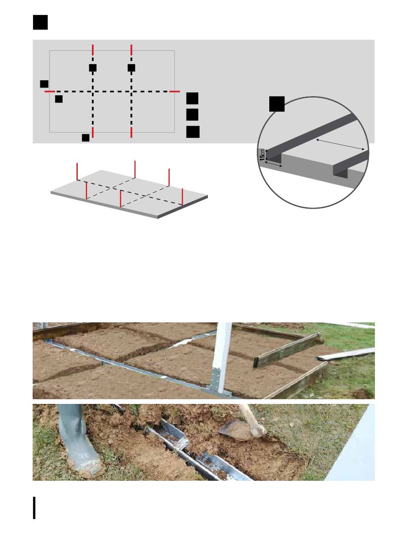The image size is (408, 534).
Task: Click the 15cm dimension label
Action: coord(262,155)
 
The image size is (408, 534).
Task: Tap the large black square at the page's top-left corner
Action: coord(40,22)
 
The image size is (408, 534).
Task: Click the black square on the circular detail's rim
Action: coord(277,104)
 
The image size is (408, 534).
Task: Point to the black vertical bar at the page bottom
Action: coord(34,508)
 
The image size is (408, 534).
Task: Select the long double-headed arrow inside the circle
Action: coord(340,144)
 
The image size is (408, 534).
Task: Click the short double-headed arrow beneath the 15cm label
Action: coord(274,165)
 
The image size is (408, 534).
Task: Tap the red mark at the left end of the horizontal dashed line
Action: coord(50,91)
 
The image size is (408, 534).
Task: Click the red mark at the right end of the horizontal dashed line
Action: coord(174,91)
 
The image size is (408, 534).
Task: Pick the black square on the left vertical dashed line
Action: coord(93,68)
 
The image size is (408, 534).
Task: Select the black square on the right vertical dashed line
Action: coord(131,68)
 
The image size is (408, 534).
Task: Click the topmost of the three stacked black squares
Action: coord(192,98)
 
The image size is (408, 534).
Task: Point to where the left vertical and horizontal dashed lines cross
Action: coord(93,92)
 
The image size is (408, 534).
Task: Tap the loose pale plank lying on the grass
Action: coord(346,354)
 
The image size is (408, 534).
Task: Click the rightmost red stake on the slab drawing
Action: coord(182,197)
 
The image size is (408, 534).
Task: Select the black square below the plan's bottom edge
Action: coord(85,138)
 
